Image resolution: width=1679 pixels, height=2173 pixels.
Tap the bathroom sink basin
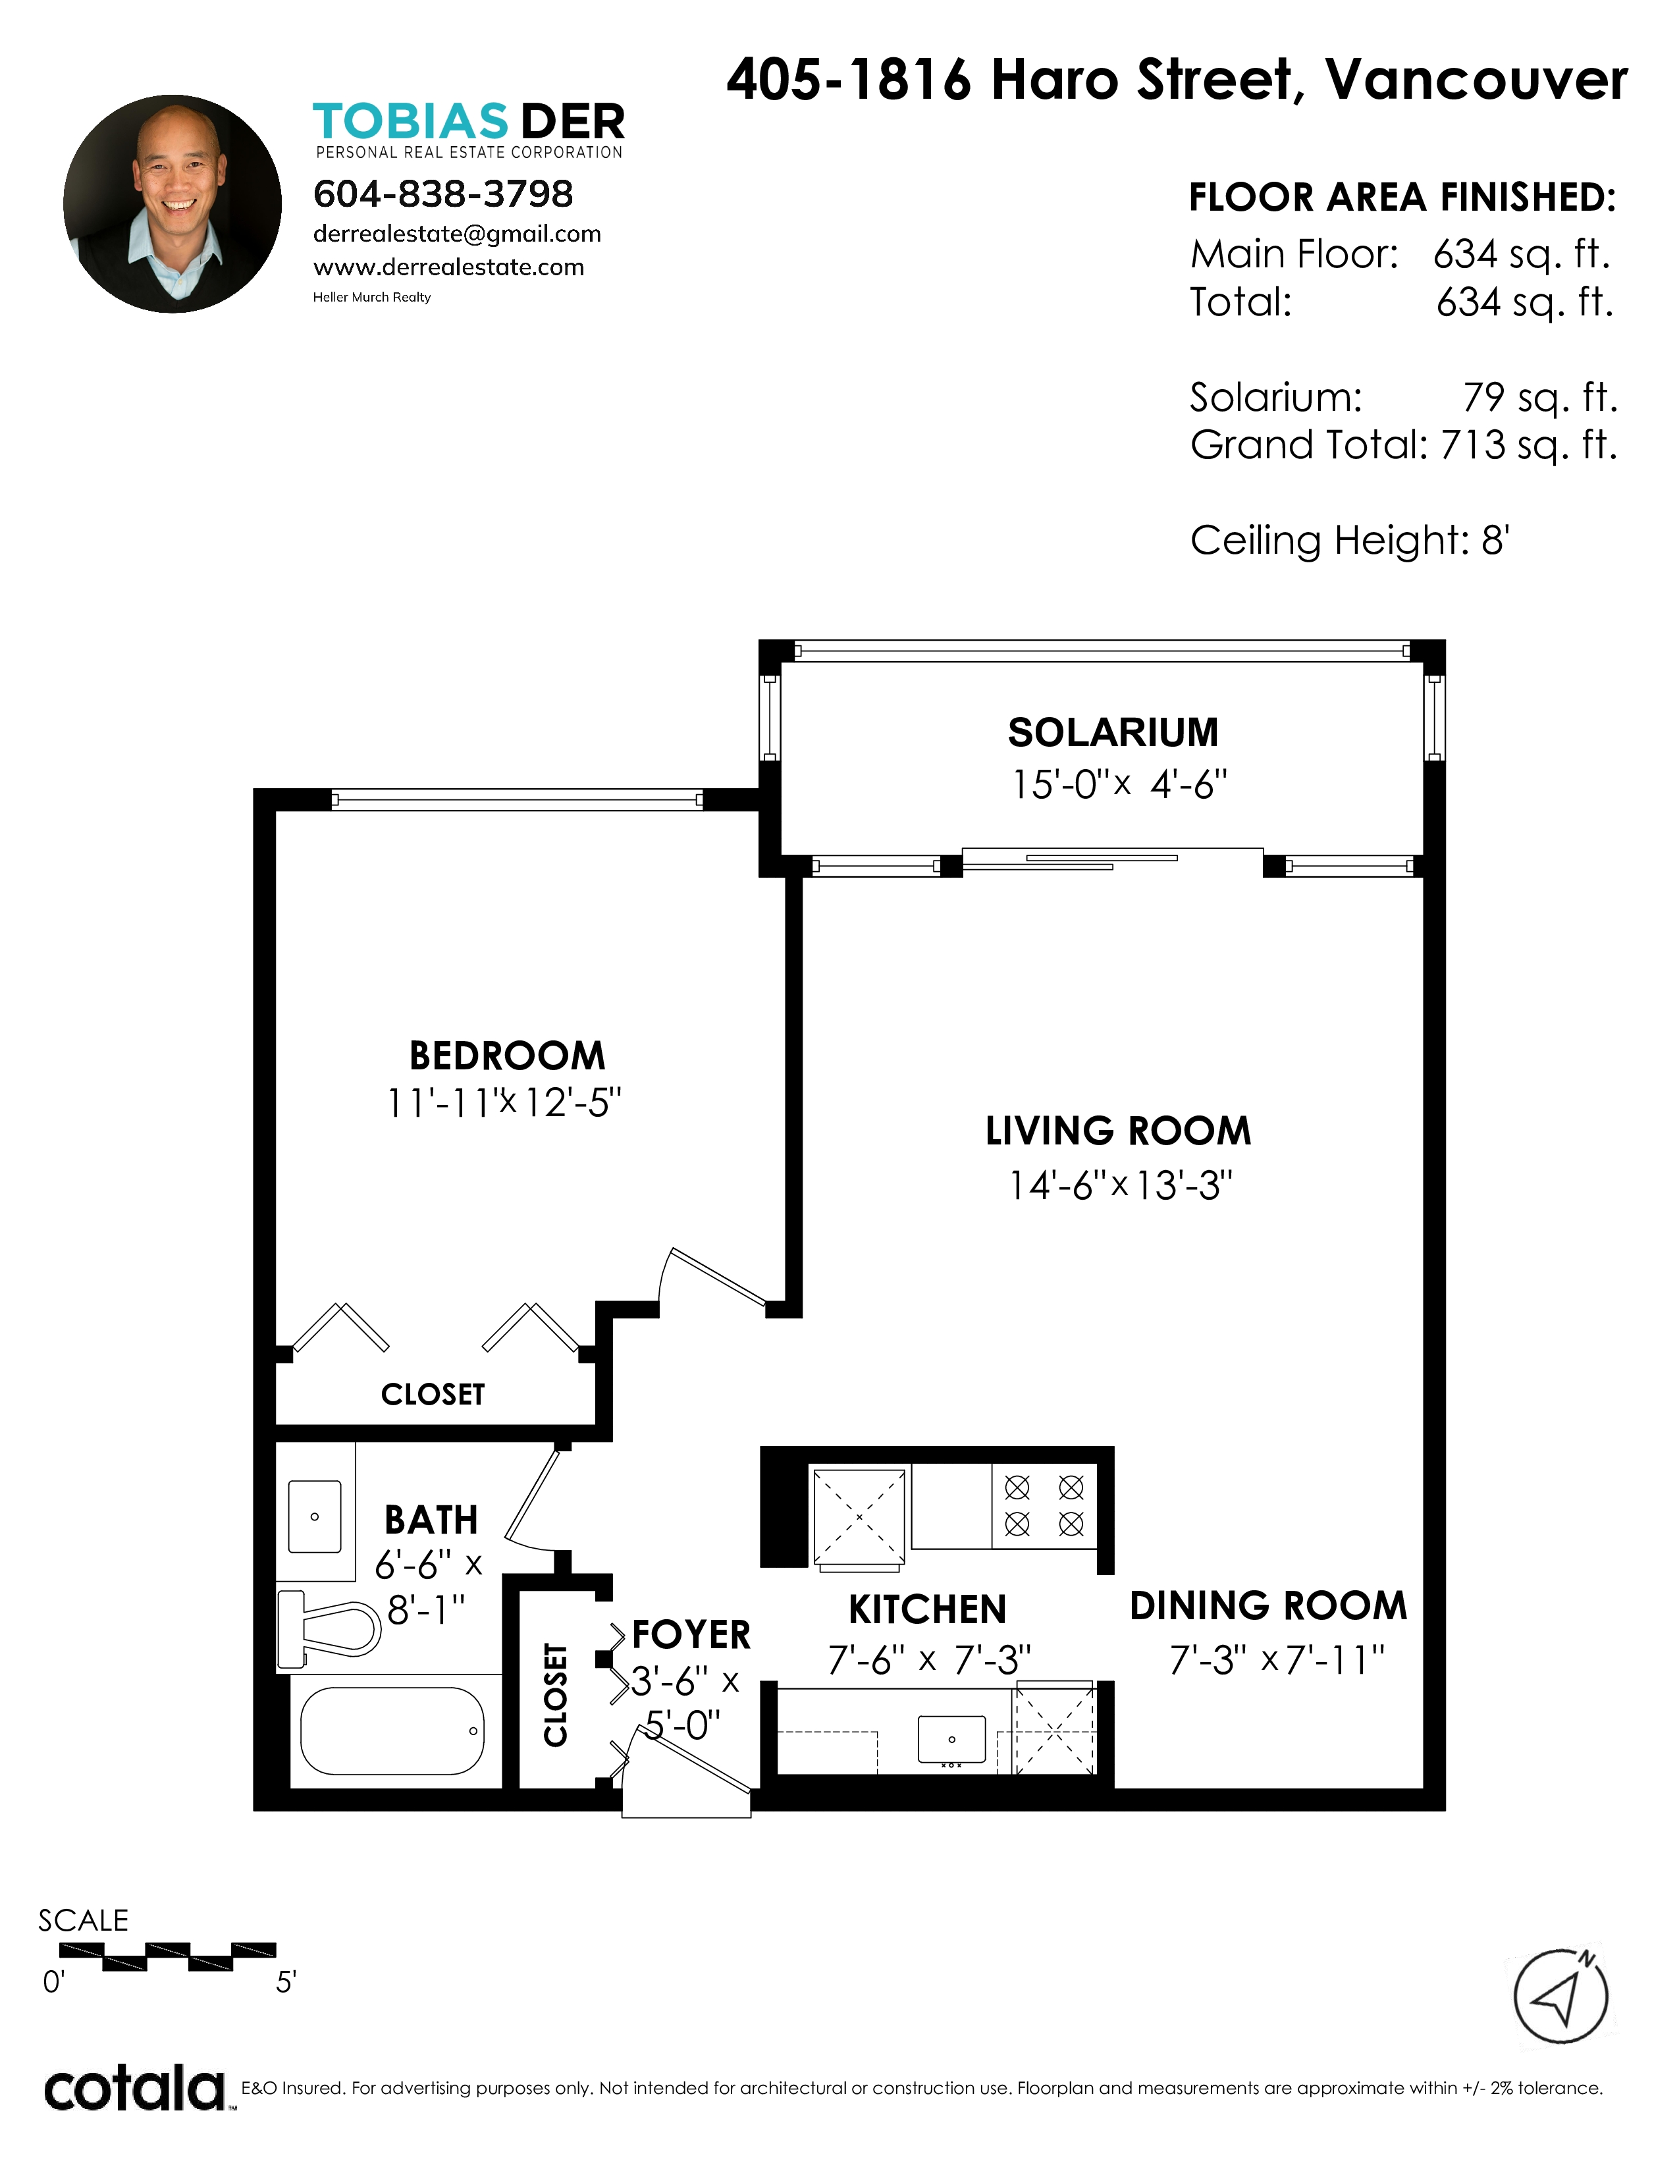click(x=314, y=1516)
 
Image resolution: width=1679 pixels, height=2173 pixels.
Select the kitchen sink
click(x=951, y=1738)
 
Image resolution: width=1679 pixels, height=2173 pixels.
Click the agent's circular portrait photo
click(x=172, y=204)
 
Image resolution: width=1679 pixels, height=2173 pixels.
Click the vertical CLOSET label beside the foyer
click(x=555, y=1694)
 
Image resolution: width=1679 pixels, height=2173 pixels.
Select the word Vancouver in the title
click(x=1477, y=80)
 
